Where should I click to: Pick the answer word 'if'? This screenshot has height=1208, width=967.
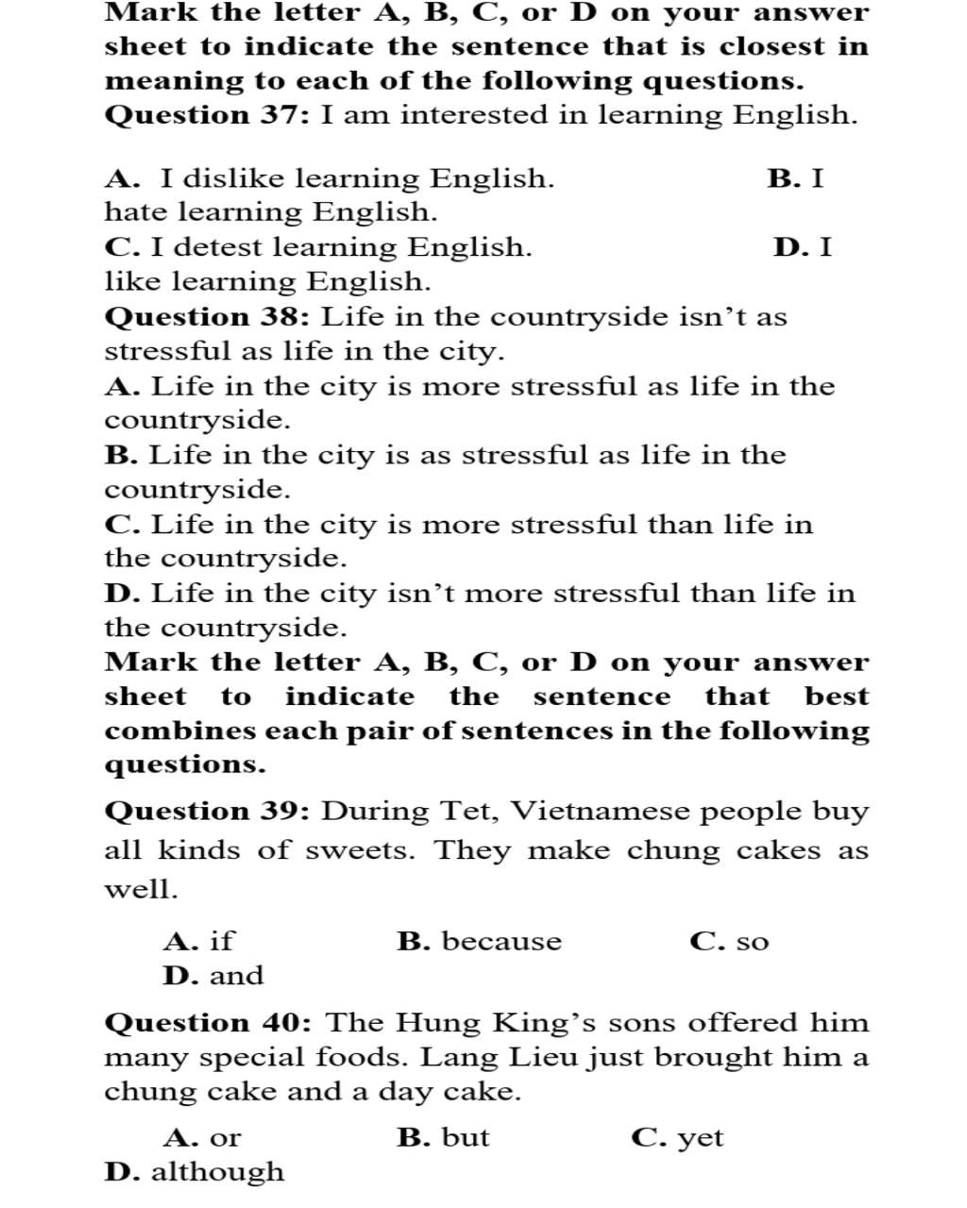[221, 941]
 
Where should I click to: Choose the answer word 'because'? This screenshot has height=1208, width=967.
[501, 941]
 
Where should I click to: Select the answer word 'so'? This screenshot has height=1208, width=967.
[753, 942]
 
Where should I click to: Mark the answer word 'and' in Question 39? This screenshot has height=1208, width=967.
[236, 975]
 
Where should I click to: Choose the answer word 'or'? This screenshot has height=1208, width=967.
[225, 1138]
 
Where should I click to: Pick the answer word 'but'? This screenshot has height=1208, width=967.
[466, 1137]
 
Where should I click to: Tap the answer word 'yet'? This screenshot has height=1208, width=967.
[701, 1138]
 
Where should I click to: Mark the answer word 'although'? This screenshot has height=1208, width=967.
[217, 1172]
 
